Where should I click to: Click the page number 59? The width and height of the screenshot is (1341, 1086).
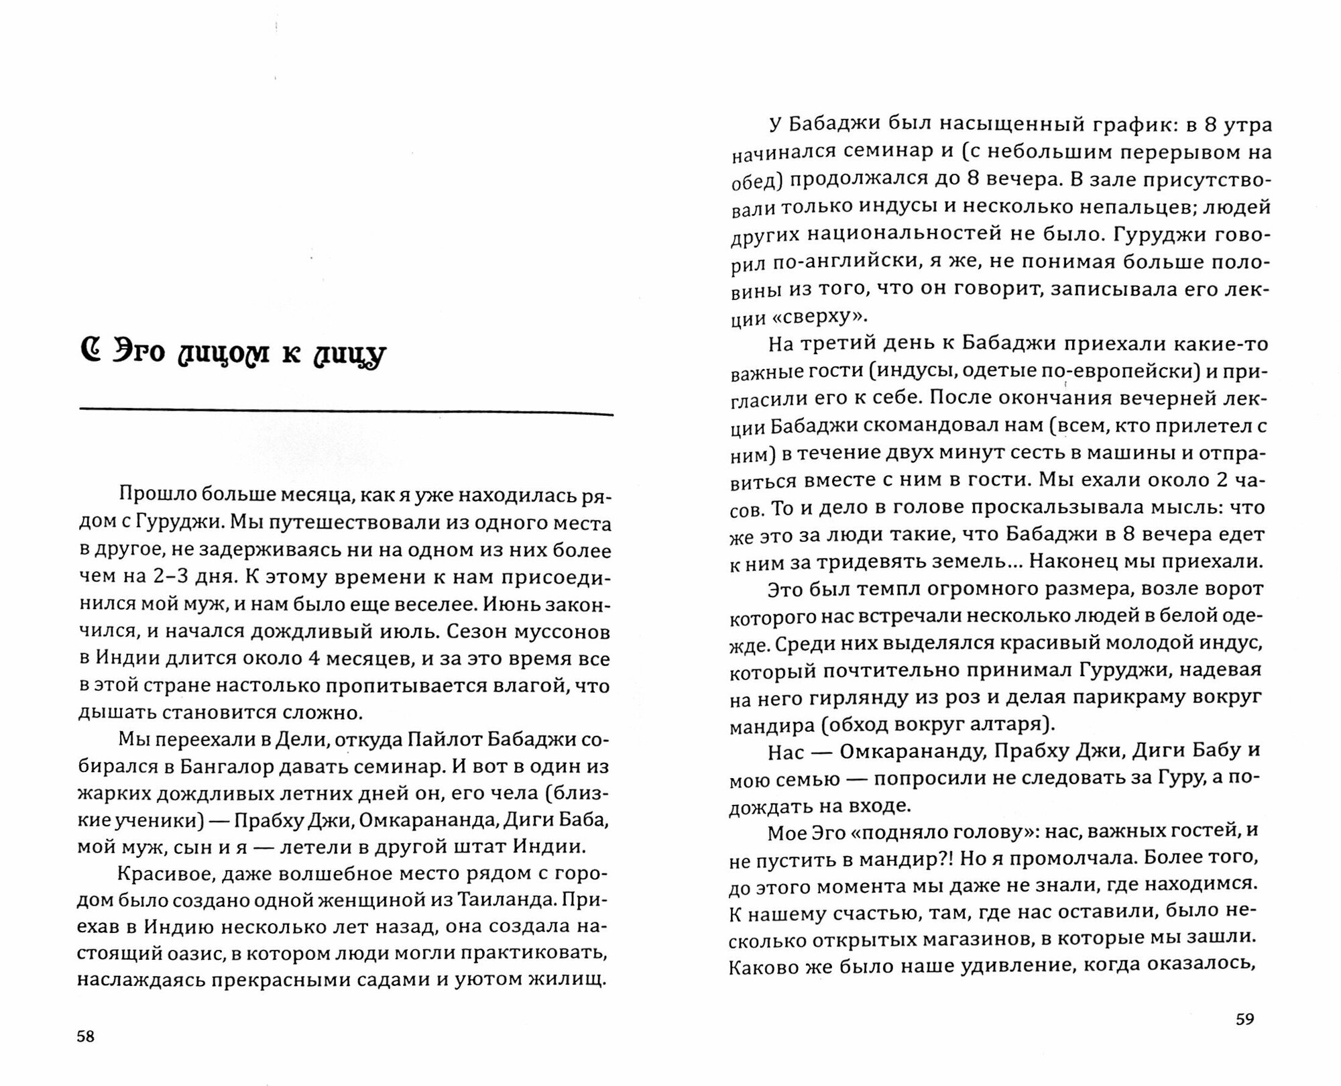tap(1244, 1019)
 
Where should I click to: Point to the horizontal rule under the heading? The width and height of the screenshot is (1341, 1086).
tap(346, 411)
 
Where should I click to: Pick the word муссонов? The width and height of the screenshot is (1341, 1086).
tap(567, 632)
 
